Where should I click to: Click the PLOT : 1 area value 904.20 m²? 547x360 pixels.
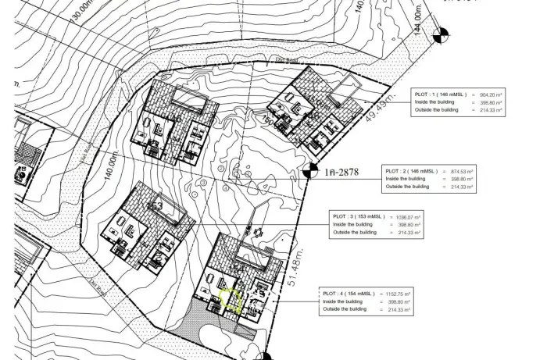(494, 94)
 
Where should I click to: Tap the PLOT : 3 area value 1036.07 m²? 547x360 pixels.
(409, 216)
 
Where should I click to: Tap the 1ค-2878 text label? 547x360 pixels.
(341, 172)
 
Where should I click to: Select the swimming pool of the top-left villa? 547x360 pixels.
(188, 100)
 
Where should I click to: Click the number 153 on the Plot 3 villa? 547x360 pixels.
(156, 205)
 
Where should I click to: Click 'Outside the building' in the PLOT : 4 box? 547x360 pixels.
(345, 309)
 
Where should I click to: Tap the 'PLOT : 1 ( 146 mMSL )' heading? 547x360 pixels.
(441, 94)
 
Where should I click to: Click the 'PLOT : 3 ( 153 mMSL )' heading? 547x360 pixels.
(359, 216)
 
